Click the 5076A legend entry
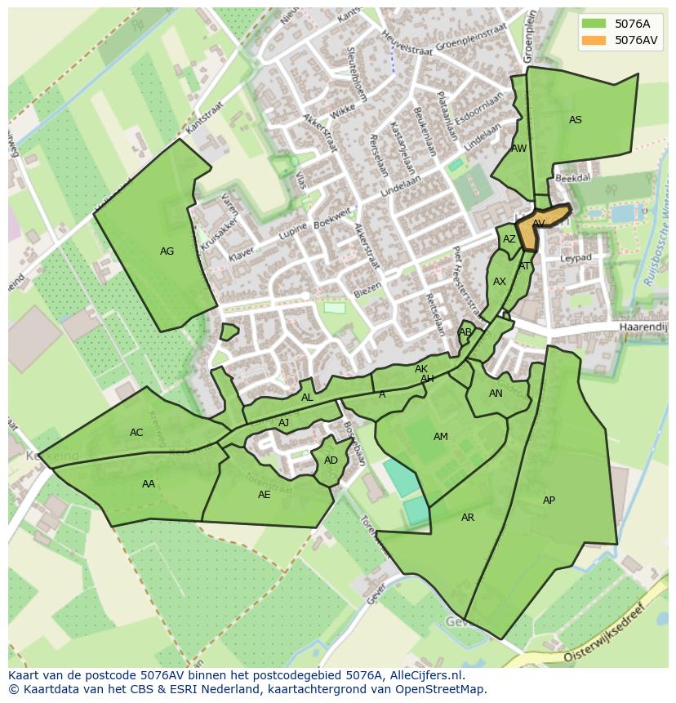[x=620, y=24]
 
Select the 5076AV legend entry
[x=620, y=40]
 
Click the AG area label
[x=167, y=251]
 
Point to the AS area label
[x=576, y=120]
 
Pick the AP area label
[x=549, y=501]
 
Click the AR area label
[x=468, y=518]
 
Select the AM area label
[x=441, y=437]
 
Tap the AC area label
[x=136, y=433]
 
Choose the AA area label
[x=149, y=484]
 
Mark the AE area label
[x=264, y=495]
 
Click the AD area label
[x=331, y=461]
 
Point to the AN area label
[x=496, y=394]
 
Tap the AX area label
[x=500, y=282]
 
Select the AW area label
[x=518, y=149]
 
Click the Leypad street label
[x=576, y=258]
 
